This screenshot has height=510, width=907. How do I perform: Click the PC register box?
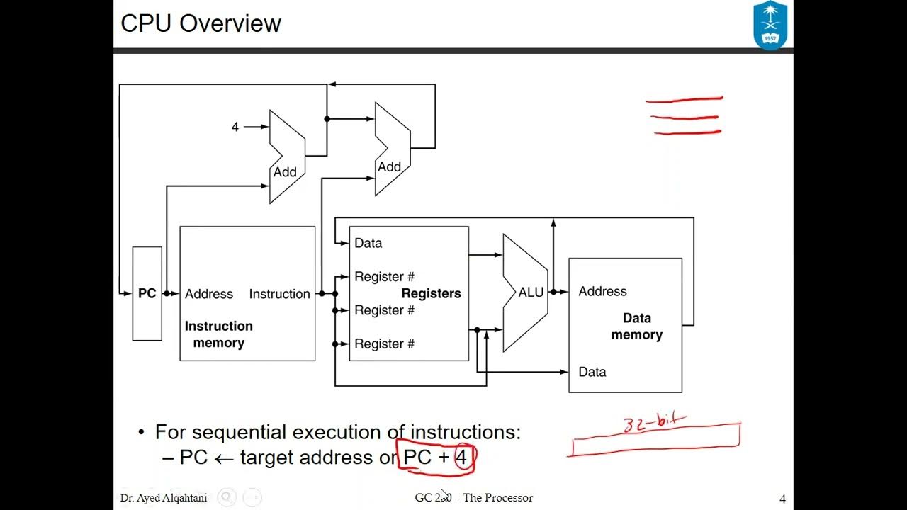pyautogui.click(x=147, y=293)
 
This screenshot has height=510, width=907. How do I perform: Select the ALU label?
pyautogui.click(x=531, y=293)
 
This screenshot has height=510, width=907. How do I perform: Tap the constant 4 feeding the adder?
pyautogui.click(x=235, y=127)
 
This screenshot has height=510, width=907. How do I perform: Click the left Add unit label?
pyautogui.click(x=285, y=172)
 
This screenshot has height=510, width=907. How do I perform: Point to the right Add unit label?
pyautogui.click(x=389, y=167)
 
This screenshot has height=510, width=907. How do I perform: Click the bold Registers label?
pyautogui.click(x=431, y=293)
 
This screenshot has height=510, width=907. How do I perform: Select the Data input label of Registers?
pyautogui.click(x=368, y=243)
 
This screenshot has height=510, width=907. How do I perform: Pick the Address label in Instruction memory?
pyautogui.click(x=208, y=294)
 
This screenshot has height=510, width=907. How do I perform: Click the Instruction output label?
pyautogui.click(x=279, y=294)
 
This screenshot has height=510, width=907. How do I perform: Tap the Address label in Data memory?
pyautogui.click(x=602, y=291)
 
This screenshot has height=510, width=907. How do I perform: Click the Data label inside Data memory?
pyautogui.click(x=592, y=372)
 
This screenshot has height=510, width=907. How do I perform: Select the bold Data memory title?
pyautogui.click(x=636, y=327)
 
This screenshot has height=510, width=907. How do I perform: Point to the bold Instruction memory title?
pyautogui.click(x=218, y=334)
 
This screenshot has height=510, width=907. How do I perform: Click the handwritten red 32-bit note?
pyautogui.click(x=654, y=423)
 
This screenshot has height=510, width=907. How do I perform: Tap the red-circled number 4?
pyautogui.click(x=461, y=458)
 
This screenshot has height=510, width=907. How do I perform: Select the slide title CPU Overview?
pyautogui.click(x=201, y=23)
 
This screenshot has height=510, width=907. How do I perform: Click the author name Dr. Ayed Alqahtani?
pyautogui.click(x=164, y=498)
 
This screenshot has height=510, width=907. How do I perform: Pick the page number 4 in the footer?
pyautogui.click(x=782, y=499)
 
